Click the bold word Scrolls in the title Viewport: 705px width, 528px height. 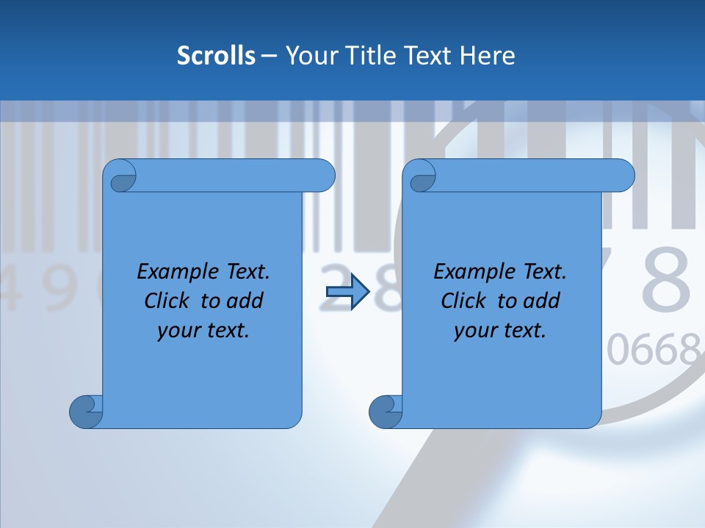(x=217, y=56)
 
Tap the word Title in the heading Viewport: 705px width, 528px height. (x=369, y=56)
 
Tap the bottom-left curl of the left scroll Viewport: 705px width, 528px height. (x=86, y=411)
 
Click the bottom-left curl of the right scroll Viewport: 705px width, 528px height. (x=386, y=411)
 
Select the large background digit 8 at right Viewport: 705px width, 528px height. (x=666, y=280)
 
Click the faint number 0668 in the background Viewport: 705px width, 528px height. (x=652, y=351)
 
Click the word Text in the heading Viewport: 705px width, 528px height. (x=430, y=56)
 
